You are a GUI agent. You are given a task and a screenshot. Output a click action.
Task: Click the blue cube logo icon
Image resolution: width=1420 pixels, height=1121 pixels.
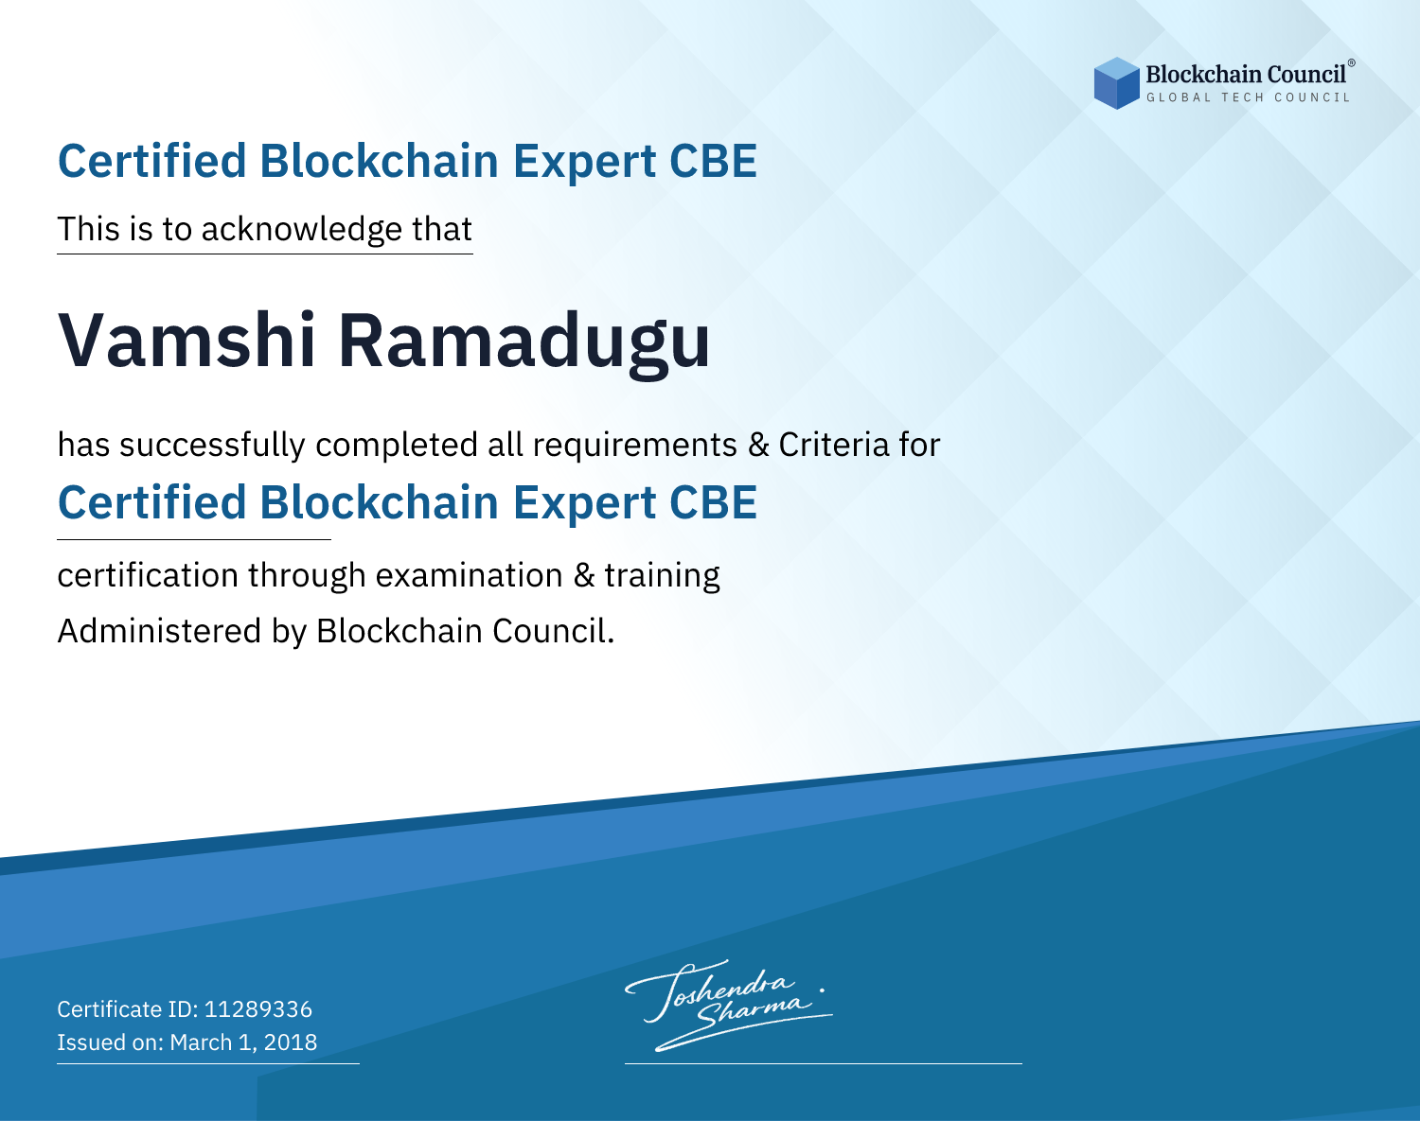tap(1116, 83)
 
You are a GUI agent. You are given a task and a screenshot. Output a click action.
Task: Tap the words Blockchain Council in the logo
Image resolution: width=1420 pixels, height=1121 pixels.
tap(1246, 75)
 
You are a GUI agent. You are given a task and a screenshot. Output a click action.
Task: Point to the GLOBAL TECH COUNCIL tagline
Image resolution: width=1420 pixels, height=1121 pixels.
tap(1248, 97)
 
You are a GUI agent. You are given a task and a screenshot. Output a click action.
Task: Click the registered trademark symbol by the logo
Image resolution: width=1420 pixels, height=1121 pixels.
tap(1352, 63)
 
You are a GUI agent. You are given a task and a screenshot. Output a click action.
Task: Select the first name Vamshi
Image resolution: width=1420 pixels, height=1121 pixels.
tap(186, 342)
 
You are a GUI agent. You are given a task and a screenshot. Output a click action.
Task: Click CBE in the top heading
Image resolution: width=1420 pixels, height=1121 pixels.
tap(713, 161)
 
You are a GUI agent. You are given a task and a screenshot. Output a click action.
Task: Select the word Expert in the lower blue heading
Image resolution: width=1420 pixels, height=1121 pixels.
tap(585, 504)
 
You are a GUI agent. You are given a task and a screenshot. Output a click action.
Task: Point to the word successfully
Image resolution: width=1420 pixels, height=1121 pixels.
tap(212, 446)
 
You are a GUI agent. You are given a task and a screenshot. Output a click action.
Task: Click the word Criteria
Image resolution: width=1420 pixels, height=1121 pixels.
tap(833, 445)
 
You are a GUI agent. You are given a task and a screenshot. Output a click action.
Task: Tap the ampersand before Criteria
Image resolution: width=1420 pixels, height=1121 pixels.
tap(758, 446)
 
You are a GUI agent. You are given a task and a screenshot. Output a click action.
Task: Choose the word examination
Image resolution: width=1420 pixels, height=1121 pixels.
tap(470, 575)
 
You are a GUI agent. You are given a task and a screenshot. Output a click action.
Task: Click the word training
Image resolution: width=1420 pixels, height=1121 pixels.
tap(662, 576)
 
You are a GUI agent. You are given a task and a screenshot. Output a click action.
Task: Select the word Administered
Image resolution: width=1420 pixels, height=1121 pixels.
tap(160, 631)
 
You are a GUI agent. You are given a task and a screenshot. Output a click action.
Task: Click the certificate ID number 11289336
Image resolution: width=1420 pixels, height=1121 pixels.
tap(258, 1009)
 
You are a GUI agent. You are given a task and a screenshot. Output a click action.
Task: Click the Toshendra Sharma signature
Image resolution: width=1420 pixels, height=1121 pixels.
tap(727, 1005)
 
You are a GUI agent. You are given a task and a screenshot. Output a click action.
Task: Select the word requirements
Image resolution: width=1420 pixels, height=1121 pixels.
tap(635, 446)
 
